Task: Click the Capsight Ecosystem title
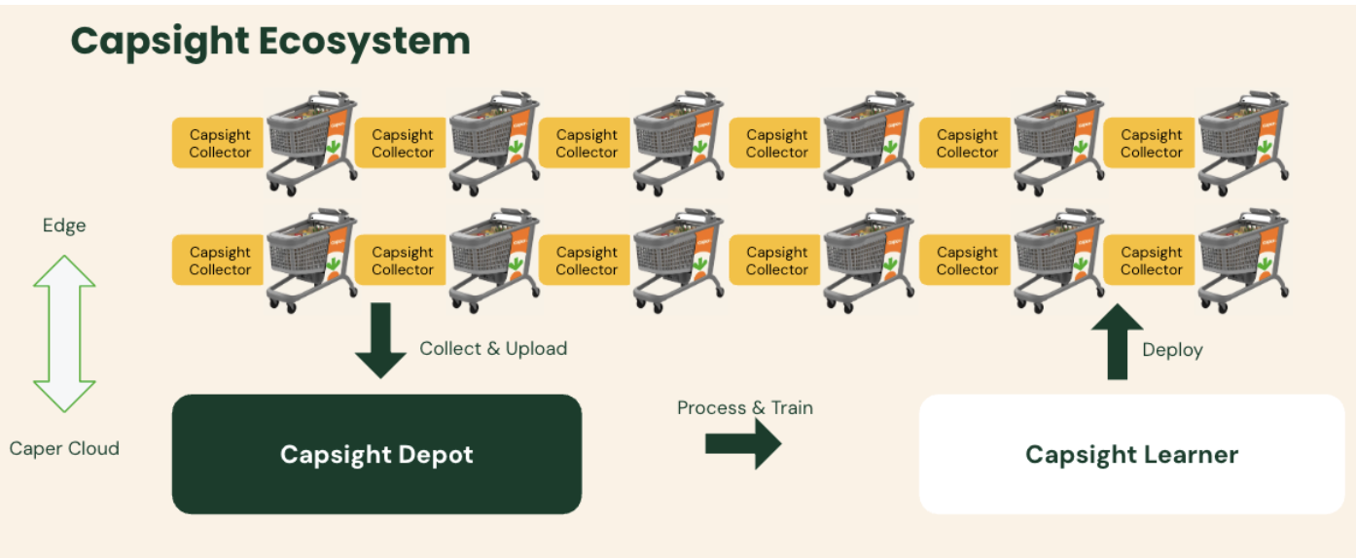[x=270, y=42]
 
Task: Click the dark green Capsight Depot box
[x=376, y=454]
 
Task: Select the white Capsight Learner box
[x=1131, y=454]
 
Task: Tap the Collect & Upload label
[x=493, y=348]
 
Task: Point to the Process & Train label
[x=744, y=407]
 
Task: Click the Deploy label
[x=1172, y=350]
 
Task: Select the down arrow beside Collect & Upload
[x=379, y=340]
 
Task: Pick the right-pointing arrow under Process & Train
[x=743, y=443]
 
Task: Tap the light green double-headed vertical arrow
[x=64, y=333]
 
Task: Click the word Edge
[x=64, y=226]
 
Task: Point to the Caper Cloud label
[x=64, y=448]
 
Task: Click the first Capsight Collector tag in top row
[x=219, y=144]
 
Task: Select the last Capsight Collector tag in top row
[x=1150, y=144]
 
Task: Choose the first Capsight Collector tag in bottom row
[x=219, y=261]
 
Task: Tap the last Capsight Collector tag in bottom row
[x=1150, y=261]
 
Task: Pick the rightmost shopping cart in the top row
[x=1243, y=141]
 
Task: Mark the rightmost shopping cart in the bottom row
[x=1243, y=258]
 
